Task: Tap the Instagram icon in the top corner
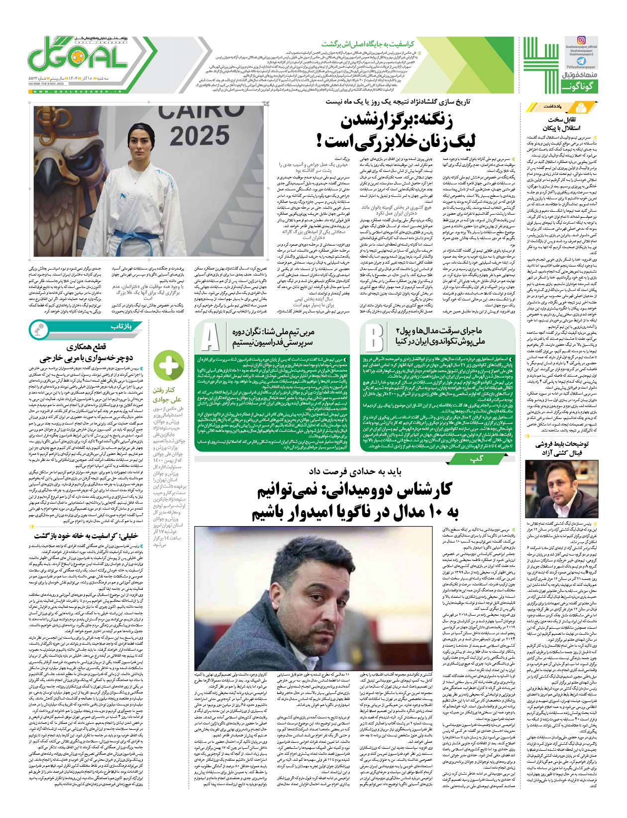(x=581, y=40)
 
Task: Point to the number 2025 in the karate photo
(x=200, y=135)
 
